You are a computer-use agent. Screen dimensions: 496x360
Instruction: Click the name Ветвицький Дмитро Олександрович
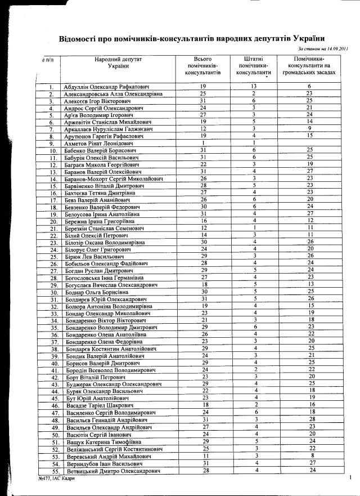[x=114, y=470]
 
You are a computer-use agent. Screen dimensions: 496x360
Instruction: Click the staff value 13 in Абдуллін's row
[x=254, y=86]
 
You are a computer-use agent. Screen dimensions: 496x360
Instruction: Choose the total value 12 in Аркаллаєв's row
[x=203, y=129]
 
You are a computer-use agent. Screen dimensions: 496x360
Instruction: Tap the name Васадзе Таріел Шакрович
[x=100, y=405]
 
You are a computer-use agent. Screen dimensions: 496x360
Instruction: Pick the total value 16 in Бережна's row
[x=204, y=221]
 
